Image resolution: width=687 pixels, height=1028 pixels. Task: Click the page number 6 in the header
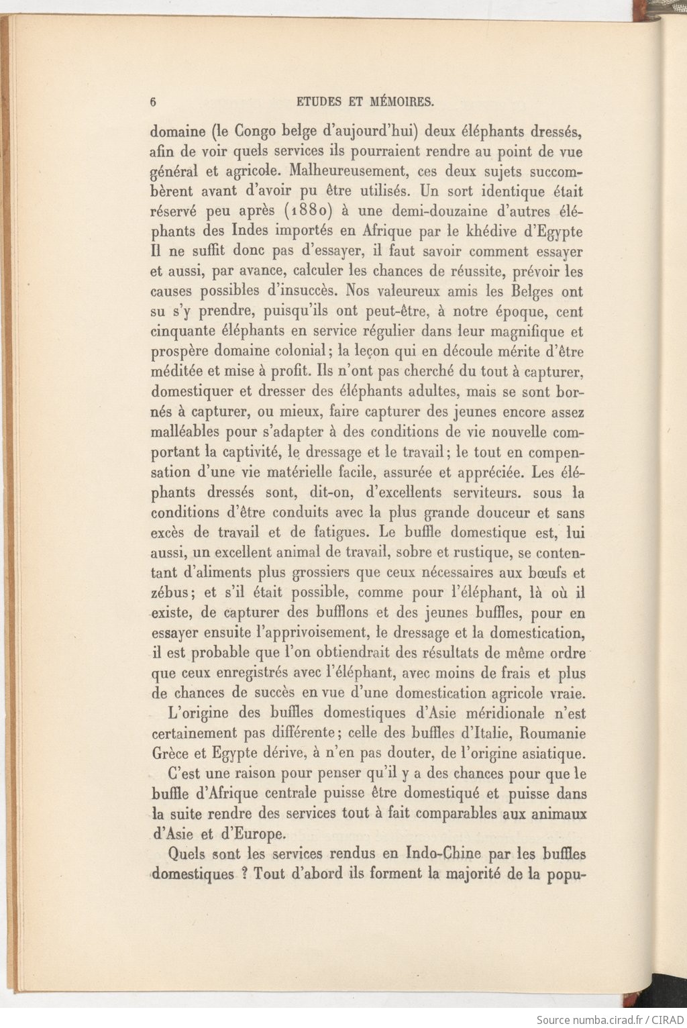[x=154, y=102]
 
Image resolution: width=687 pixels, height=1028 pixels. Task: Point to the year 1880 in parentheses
[x=309, y=211]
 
